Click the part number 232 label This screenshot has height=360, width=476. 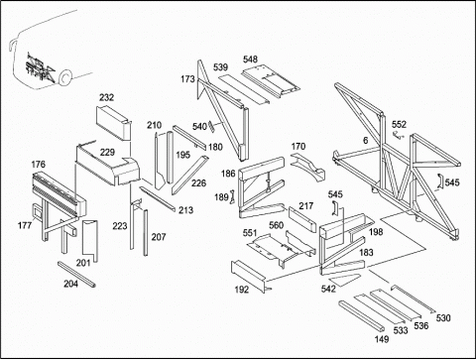tap(106, 97)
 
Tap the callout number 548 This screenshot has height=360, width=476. tap(250, 60)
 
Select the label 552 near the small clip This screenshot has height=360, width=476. tap(399, 124)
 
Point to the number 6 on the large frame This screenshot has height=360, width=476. tap(365, 141)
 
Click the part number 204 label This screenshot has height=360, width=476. tap(70, 284)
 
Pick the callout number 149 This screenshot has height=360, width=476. tap(382, 339)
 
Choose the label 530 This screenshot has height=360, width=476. tap(443, 318)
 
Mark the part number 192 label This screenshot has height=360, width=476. tap(242, 290)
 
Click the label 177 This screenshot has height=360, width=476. tap(25, 225)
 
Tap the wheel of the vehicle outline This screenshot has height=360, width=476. tap(65, 78)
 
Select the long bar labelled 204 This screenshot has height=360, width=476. tap(76, 275)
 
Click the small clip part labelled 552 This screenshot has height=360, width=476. tap(399, 135)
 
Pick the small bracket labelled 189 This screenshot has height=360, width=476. tap(232, 197)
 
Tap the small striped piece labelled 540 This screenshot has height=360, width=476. tap(211, 127)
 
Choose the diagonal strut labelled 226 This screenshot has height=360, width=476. tap(190, 176)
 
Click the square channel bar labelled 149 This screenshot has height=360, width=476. tap(362, 315)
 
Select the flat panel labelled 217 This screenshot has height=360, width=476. tap(302, 219)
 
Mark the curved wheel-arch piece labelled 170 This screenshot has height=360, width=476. tap(308, 167)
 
